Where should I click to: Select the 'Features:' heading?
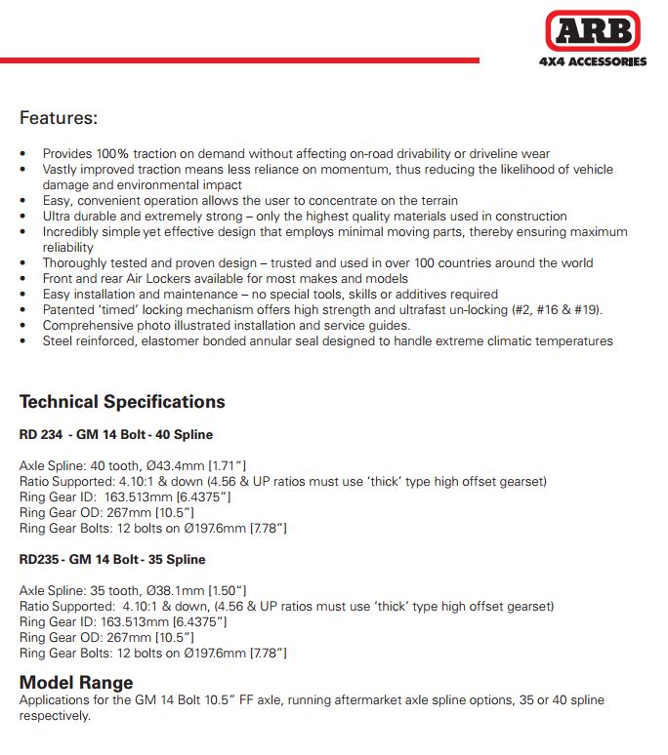coord(59,118)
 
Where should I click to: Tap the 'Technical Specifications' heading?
coord(122,402)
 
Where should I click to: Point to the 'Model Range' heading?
coord(76,682)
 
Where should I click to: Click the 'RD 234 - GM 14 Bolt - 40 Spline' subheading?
coord(116,434)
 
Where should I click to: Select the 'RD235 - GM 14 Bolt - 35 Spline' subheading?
coord(112,560)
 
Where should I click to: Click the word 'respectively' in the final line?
coord(54,715)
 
